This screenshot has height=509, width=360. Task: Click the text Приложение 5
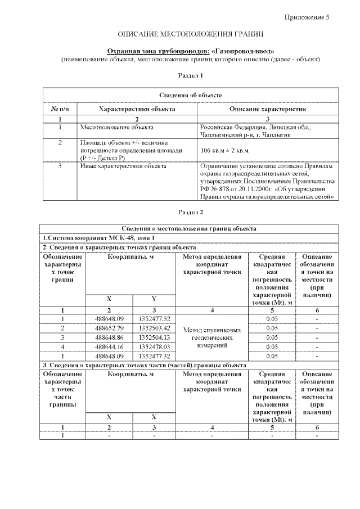(306, 17)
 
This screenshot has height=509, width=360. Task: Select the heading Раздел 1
(190, 75)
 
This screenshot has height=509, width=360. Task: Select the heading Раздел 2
(190, 213)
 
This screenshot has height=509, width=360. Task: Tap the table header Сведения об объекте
(190, 95)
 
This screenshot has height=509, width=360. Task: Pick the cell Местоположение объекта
(116, 128)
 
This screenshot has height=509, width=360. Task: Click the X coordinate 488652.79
(109, 327)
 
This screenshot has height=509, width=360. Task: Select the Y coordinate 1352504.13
(154, 337)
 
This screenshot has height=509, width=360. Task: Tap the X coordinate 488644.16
(109, 346)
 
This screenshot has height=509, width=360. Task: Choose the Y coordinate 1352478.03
(154, 346)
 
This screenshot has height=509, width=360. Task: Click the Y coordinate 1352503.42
(154, 327)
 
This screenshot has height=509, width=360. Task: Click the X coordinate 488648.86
(109, 337)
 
